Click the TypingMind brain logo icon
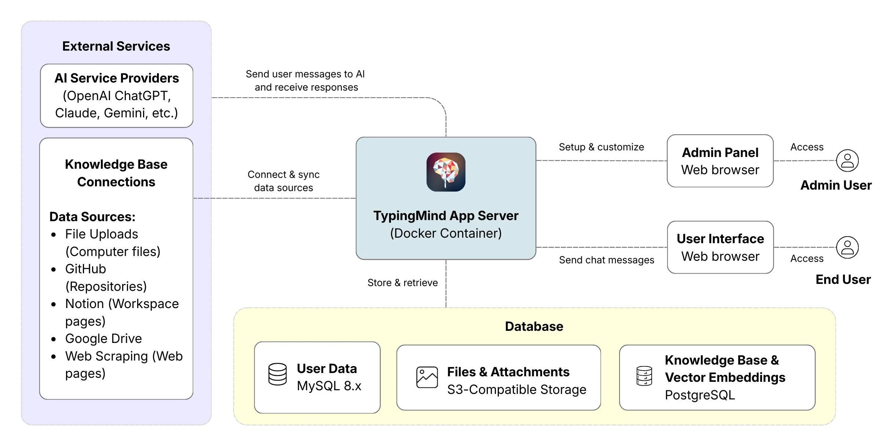pyautogui.click(x=446, y=172)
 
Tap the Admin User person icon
pyautogui.click(x=847, y=161)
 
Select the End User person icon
pyautogui.click(x=847, y=247)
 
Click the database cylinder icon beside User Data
pyautogui.click(x=277, y=374)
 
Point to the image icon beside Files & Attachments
pyautogui.click(x=427, y=377)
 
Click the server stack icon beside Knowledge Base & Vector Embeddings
pyautogui.click(x=644, y=376)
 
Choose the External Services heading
pyautogui.click(x=116, y=46)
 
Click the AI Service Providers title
pyautogui.click(x=117, y=78)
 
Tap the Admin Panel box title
pyautogui.click(x=720, y=153)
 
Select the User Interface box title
pyautogui.click(x=720, y=239)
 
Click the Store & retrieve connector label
pyautogui.click(x=402, y=283)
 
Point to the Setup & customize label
pyautogui.click(x=601, y=147)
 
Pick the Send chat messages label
pyautogui.click(x=606, y=260)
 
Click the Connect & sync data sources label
pyautogui.click(x=284, y=181)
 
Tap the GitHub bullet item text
pyautogui.click(x=85, y=269)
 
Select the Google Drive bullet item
pyautogui.click(x=103, y=339)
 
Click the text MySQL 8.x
pyautogui.click(x=329, y=386)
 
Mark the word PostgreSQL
pyautogui.click(x=700, y=395)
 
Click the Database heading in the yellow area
pyautogui.click(x=534, y=326)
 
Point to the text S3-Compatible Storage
pyautogui.click(x=516, y=390)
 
